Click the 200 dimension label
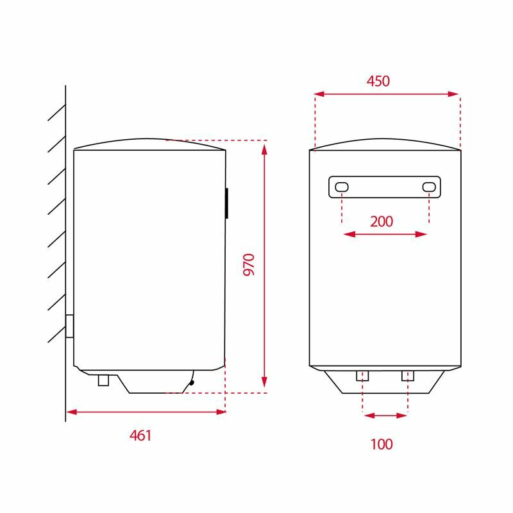pyautogui.click(x=382, y=221)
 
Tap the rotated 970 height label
pyautogui.click(x=249, y=264)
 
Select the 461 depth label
pyautogui.click(x=140, y=435)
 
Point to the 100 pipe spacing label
pyautogui.click(x=381, y=444)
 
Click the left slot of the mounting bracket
pyautogui.click(x=342, y=187)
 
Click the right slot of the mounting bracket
pyautogui.click(x=429, y=187)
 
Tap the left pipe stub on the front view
pyautogui.click(x=363, y=376)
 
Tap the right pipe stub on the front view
pyautogui.click(x=408, y=376)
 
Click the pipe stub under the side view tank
pyautogui.click(x=104, y=380)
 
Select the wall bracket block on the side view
pyautogui.click(x=70, y=326)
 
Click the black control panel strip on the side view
pyautogui.click(x=226, y=203)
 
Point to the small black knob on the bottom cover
pyautogui.click(x=191, y=383)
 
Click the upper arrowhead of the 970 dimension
pyautogui.click(x=264, y=149)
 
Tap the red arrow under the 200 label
pyautogui.click(x=385, y=235)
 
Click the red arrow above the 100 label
pyautogui.click(x=385, y=416)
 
